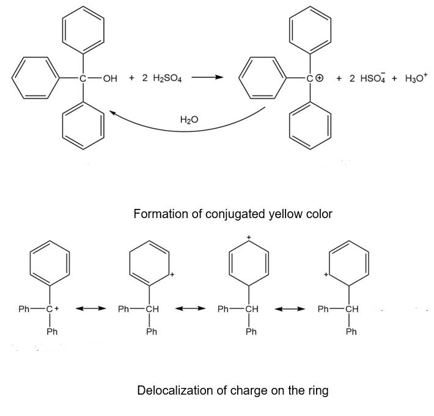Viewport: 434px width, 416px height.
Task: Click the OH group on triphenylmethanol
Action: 110,79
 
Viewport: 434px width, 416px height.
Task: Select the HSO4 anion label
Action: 369,79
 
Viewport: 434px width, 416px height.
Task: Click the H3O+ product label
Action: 414,78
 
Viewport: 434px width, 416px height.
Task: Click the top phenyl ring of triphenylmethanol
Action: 83,31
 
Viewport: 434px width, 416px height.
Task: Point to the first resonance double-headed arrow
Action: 90,309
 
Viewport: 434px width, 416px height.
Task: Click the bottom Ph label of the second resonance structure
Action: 152,332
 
